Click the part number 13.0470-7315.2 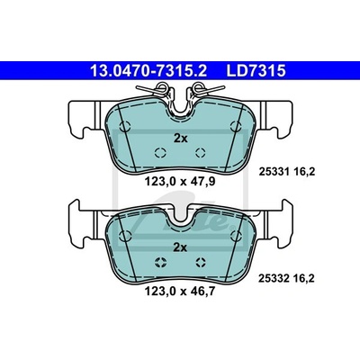148,71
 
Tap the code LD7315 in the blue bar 256,71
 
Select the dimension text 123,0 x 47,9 180,182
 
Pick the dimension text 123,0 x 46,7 180,291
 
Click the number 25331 274,172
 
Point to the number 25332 274,279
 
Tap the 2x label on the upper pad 181,139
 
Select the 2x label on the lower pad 181,247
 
